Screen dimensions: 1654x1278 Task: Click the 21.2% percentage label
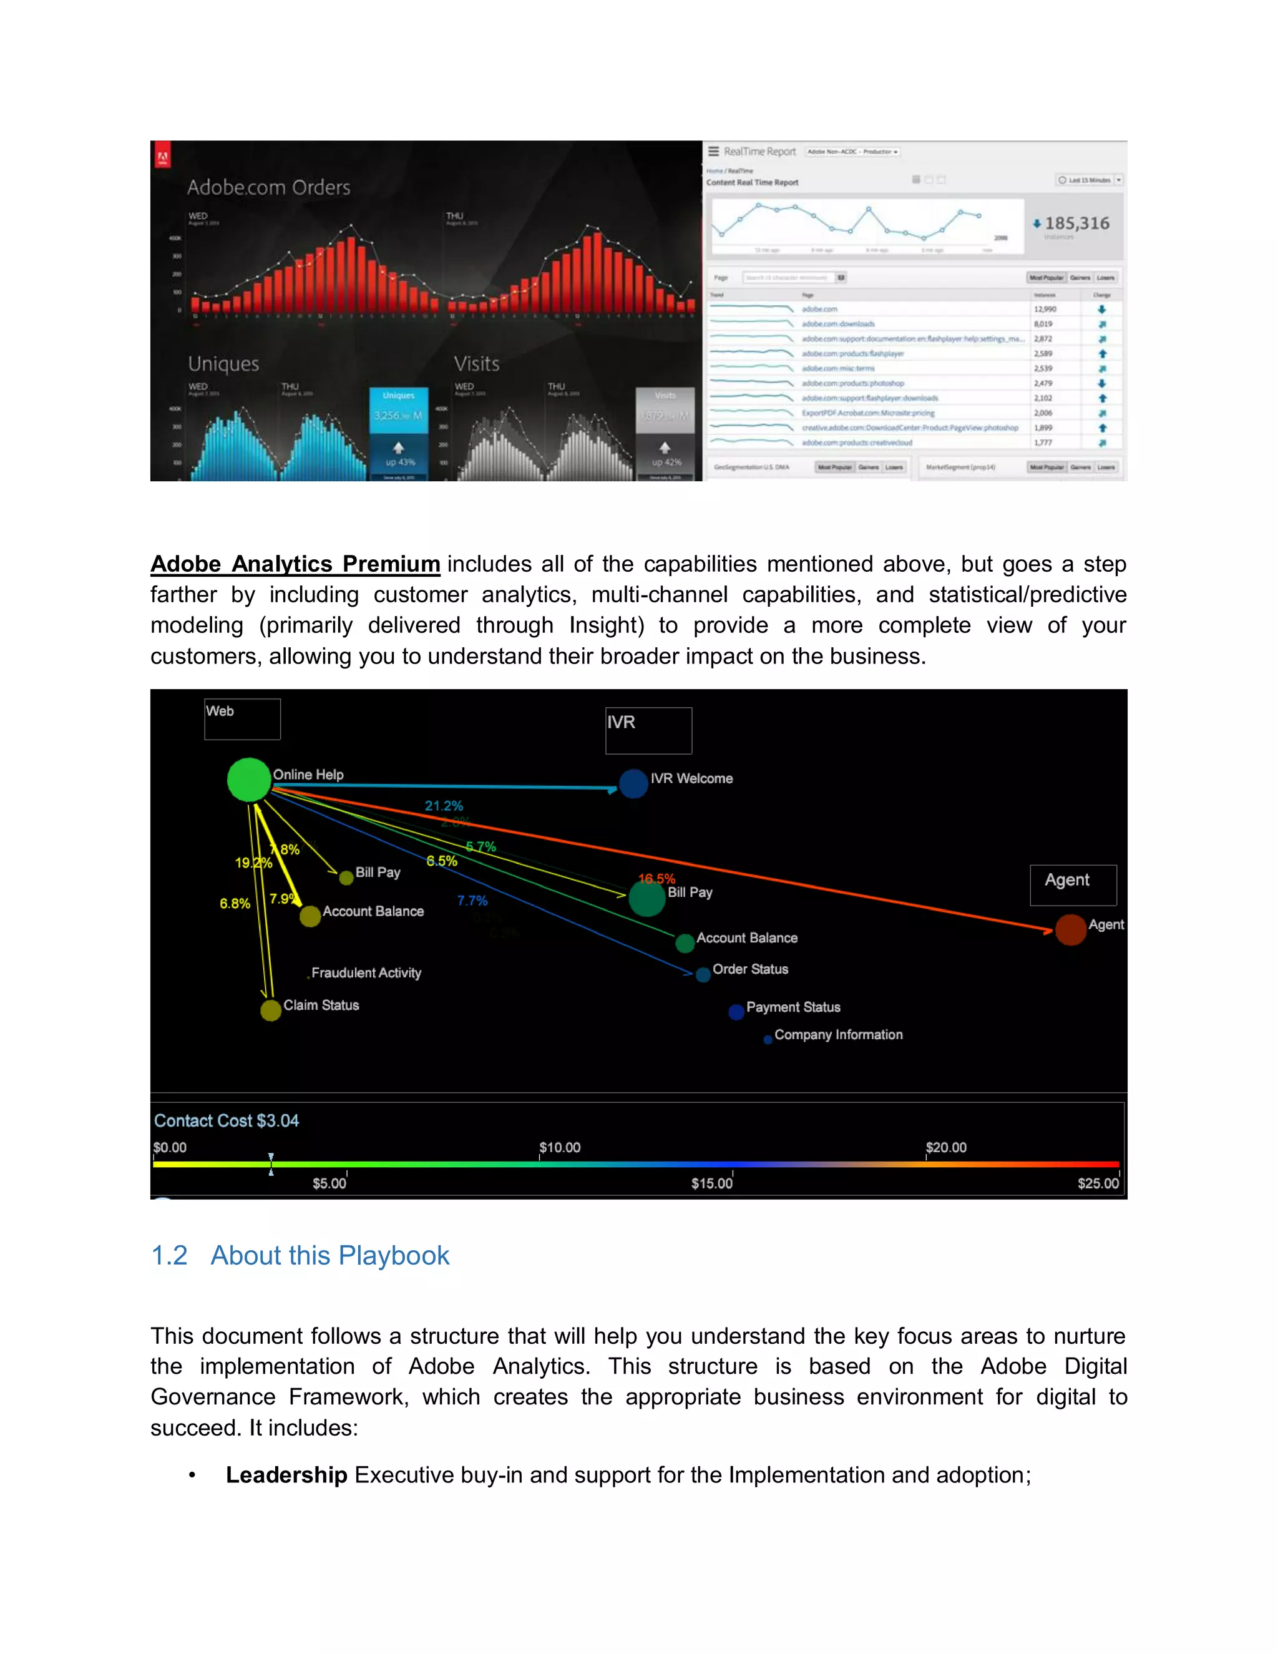coord(444,806)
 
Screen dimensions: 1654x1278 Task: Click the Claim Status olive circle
coord(270,1011)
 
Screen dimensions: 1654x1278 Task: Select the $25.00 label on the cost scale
coord(1098,1183)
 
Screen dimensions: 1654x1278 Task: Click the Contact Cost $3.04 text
coord(227,1121)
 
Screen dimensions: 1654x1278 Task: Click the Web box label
coord(220,711)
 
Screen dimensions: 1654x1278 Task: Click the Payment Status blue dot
coord(736,1012)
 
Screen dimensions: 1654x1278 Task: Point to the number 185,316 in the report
coord(1076,223)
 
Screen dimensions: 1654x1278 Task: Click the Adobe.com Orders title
coord(269,187)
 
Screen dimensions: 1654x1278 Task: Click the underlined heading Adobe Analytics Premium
coord(295,564)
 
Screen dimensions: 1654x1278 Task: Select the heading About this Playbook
coord(329,1256)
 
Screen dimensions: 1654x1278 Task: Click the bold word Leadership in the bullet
coord(286,1474)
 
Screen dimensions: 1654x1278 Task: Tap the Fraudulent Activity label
coord(366,973)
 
